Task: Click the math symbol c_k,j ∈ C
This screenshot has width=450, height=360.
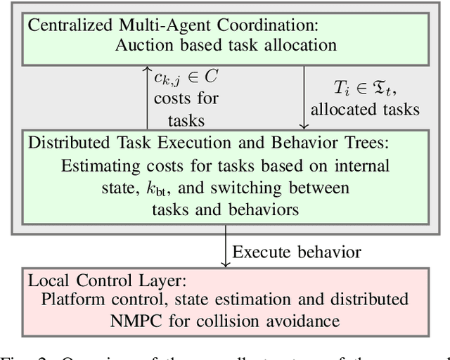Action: [x=182, y=76]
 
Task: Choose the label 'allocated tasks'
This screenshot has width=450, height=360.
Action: [x=365, y=109]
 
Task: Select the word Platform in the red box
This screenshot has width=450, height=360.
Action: [x=72, y=300]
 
